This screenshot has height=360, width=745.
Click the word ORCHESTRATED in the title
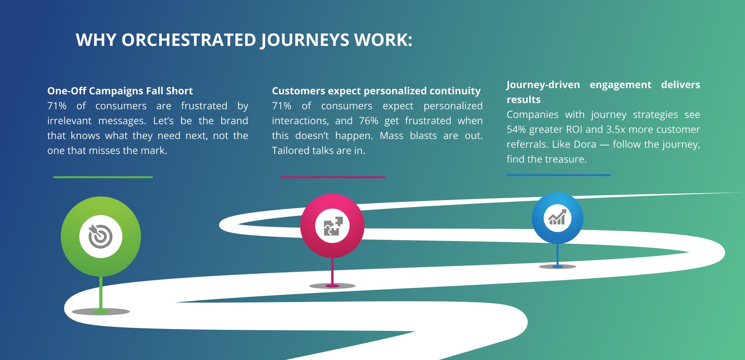tap(189, 40)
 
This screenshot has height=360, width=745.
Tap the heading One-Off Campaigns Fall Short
tap(120, 91)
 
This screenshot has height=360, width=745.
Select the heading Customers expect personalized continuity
tap(376, 91)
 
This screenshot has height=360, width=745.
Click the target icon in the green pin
tap(100, 236)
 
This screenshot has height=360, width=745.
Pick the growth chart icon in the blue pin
tap(557, 217)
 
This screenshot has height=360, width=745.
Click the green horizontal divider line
tap(103, 177)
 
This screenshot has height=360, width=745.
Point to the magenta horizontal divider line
tap(333, 177)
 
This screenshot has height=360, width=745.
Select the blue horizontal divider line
tap(558, 175)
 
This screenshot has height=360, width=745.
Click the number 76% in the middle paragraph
tap(368, 121)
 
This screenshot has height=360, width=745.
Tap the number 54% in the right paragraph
tap(516, 130)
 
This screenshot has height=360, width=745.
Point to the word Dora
tap(585, 145)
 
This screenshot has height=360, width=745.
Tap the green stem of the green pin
tap(101, 292)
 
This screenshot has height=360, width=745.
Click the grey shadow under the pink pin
tap(332, 286)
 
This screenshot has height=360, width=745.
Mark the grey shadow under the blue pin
tap(558, 267)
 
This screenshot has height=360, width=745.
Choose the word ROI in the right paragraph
tap(575, 130)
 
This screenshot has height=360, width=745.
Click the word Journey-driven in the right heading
tap(543, 85)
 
